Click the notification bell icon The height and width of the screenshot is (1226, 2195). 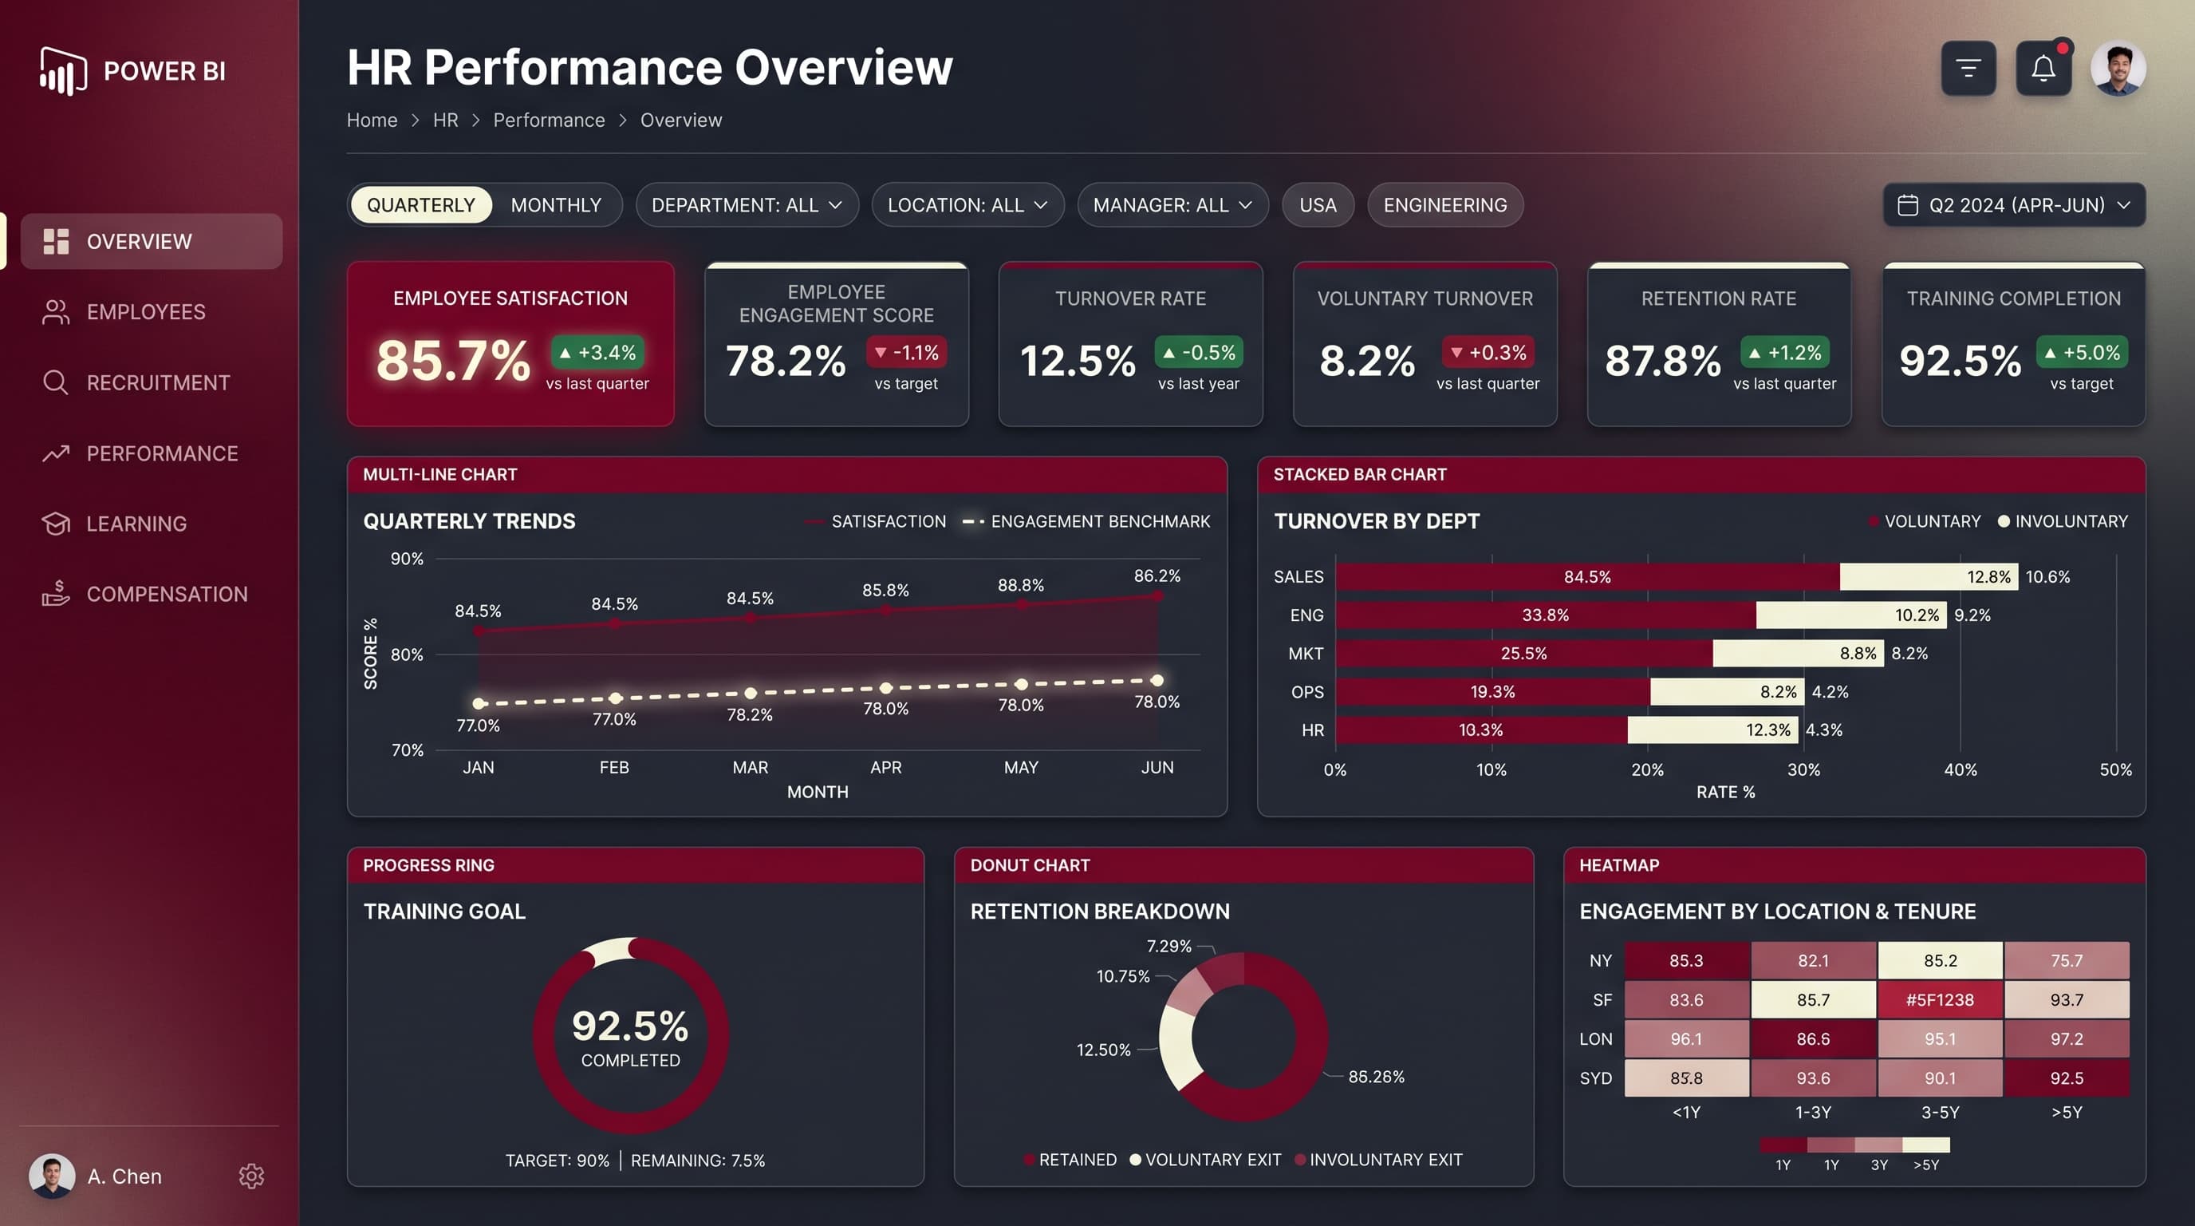point(2043,68)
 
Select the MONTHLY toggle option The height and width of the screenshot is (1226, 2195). point(556,205)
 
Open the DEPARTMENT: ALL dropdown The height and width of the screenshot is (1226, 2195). point(747,205)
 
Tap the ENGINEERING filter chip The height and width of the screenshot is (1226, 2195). point(1444,205)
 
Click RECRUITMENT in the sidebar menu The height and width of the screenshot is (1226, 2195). point(158,383)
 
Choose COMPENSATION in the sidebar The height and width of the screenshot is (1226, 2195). point(167,595)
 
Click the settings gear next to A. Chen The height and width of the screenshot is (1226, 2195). point(251,1177)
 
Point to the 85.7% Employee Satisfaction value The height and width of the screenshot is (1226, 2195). point(453,361)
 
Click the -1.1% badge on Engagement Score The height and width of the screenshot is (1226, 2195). point(907,352)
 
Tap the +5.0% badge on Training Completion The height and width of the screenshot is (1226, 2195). point(2082,352)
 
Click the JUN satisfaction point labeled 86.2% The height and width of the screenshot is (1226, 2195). point(1157,597)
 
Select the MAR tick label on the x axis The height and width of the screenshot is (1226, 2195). point(750,767)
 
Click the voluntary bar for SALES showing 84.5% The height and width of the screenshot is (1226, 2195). point(1587,577)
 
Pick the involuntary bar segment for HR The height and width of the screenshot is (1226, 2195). point(1713,730)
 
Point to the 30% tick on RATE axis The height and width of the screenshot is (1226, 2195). point(1803,770)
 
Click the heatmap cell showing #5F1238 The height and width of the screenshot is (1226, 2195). point(1940,1000)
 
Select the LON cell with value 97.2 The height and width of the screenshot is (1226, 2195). point(2067,1039)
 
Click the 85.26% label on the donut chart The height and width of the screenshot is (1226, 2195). point(1376,1077)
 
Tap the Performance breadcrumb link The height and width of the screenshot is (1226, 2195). point(549,121)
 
